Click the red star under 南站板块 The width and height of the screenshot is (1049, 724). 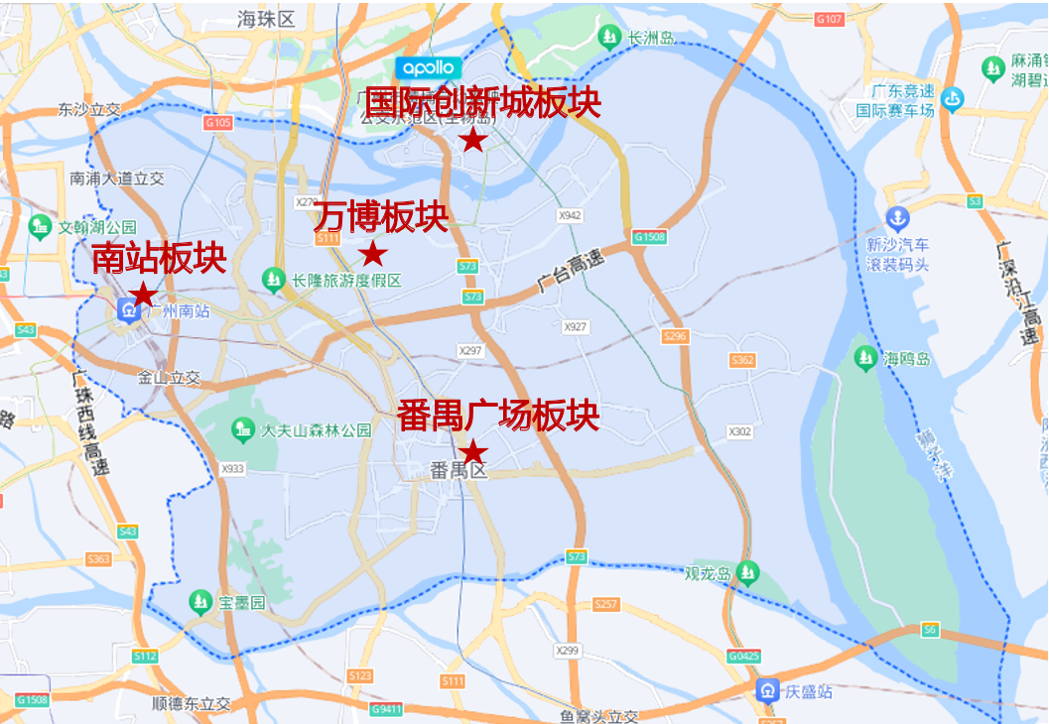(x=143, y=294)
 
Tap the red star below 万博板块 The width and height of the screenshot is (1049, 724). (x=373, y=254)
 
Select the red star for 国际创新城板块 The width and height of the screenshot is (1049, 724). (x=473, y=140)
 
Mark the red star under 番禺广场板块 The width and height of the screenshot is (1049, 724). (x=475, y=451)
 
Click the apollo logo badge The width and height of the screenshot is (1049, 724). (x=429, y=68)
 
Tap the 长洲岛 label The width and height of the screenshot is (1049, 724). (x=651, y=39)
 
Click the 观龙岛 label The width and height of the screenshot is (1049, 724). (x=708, y=573)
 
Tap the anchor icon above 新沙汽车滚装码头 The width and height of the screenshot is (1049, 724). (x=897, y=217)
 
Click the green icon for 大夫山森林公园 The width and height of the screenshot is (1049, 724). (x=242, y=429)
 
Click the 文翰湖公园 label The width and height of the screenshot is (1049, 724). (x=97, y=227)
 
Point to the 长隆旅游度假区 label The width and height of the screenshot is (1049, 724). (x=346, y=281)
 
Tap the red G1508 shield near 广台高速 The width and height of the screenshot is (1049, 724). (x=650, y=237)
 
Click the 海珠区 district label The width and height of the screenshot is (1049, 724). (x=267, y=19)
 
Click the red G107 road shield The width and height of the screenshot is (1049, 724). (x=828, y=19)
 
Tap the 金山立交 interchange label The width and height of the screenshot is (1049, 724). (x=169, y=378)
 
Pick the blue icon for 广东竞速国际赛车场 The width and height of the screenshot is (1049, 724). (x=954, y=99)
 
